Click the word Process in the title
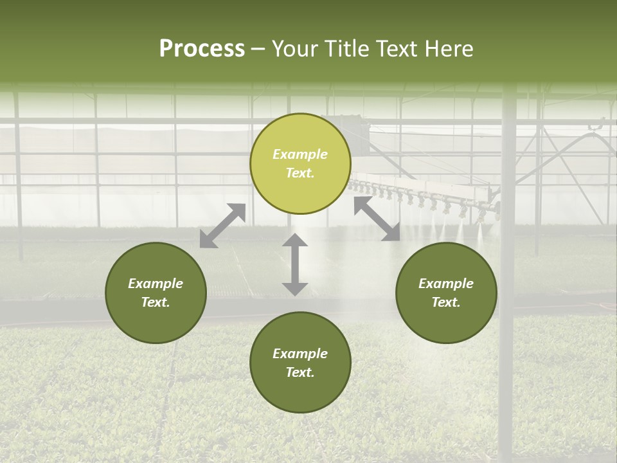202,48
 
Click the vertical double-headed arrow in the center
295,264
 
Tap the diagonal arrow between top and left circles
222,225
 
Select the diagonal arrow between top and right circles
377,219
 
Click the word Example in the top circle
300,154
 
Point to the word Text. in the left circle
156,302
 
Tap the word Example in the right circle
446,284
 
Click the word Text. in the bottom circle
300,372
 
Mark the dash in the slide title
258,49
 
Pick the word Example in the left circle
156,284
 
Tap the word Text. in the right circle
446,302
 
